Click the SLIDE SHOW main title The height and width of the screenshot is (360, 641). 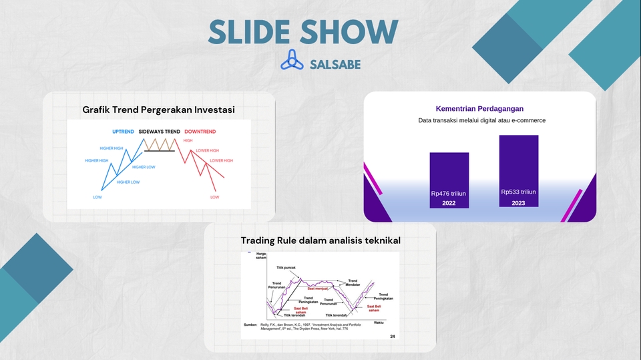pyautogui.click(x=303, y=32)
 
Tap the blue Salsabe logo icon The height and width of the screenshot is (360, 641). pyautogui.click(x=292, y=61)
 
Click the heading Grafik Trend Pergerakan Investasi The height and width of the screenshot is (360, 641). pyautogui.click(x=159, y=109)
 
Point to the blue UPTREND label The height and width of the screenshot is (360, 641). pyautogui.click(x=123, y=132)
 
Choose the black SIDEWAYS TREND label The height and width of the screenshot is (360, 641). pyautogui.click(x=159, y=132)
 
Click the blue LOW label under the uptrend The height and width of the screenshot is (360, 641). pyautogui.click(x=97, y=197)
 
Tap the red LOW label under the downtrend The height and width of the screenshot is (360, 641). pyautogui.click(x=214, y=197)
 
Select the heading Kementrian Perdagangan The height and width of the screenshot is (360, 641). pyautogui.click(x=479, y=109)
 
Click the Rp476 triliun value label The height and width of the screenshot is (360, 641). pyautogui.click(x=449, y=194)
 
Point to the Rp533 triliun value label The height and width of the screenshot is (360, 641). pyautogui.click(x=518, y=192)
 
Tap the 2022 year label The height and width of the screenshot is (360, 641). pyautogui.click(x=449, y=203)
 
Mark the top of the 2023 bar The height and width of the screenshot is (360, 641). pyautogui.click(x=518, y=136)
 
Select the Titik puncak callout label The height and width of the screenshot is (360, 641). pyautogui.click(x=286, y=267)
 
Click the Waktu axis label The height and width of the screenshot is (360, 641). pyautogui.click(x=378, y=323)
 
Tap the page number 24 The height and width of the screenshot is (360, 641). pyautogui.click(x=392, y=337)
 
